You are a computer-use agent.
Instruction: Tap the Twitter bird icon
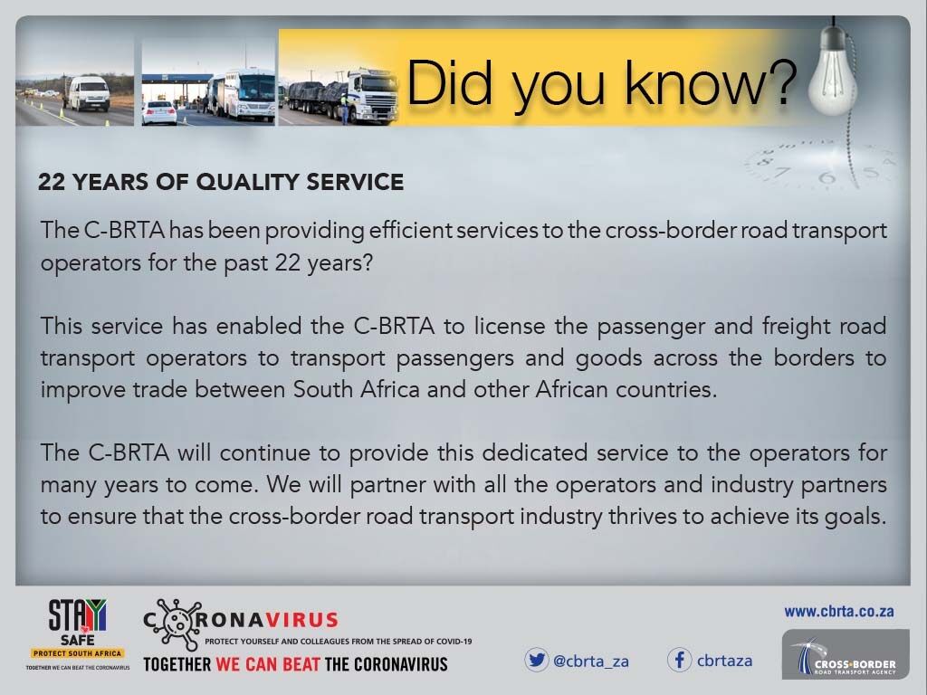537,660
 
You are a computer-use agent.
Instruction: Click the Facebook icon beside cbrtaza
680,660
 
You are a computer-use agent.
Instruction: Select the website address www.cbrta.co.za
839,612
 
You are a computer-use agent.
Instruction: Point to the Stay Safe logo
78,621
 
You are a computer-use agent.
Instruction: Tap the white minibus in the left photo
88,93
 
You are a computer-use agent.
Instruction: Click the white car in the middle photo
159,112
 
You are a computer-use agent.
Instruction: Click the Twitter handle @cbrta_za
590,661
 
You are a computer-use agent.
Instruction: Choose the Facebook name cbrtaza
724,661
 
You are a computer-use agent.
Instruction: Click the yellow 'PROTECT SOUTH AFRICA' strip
78,652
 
